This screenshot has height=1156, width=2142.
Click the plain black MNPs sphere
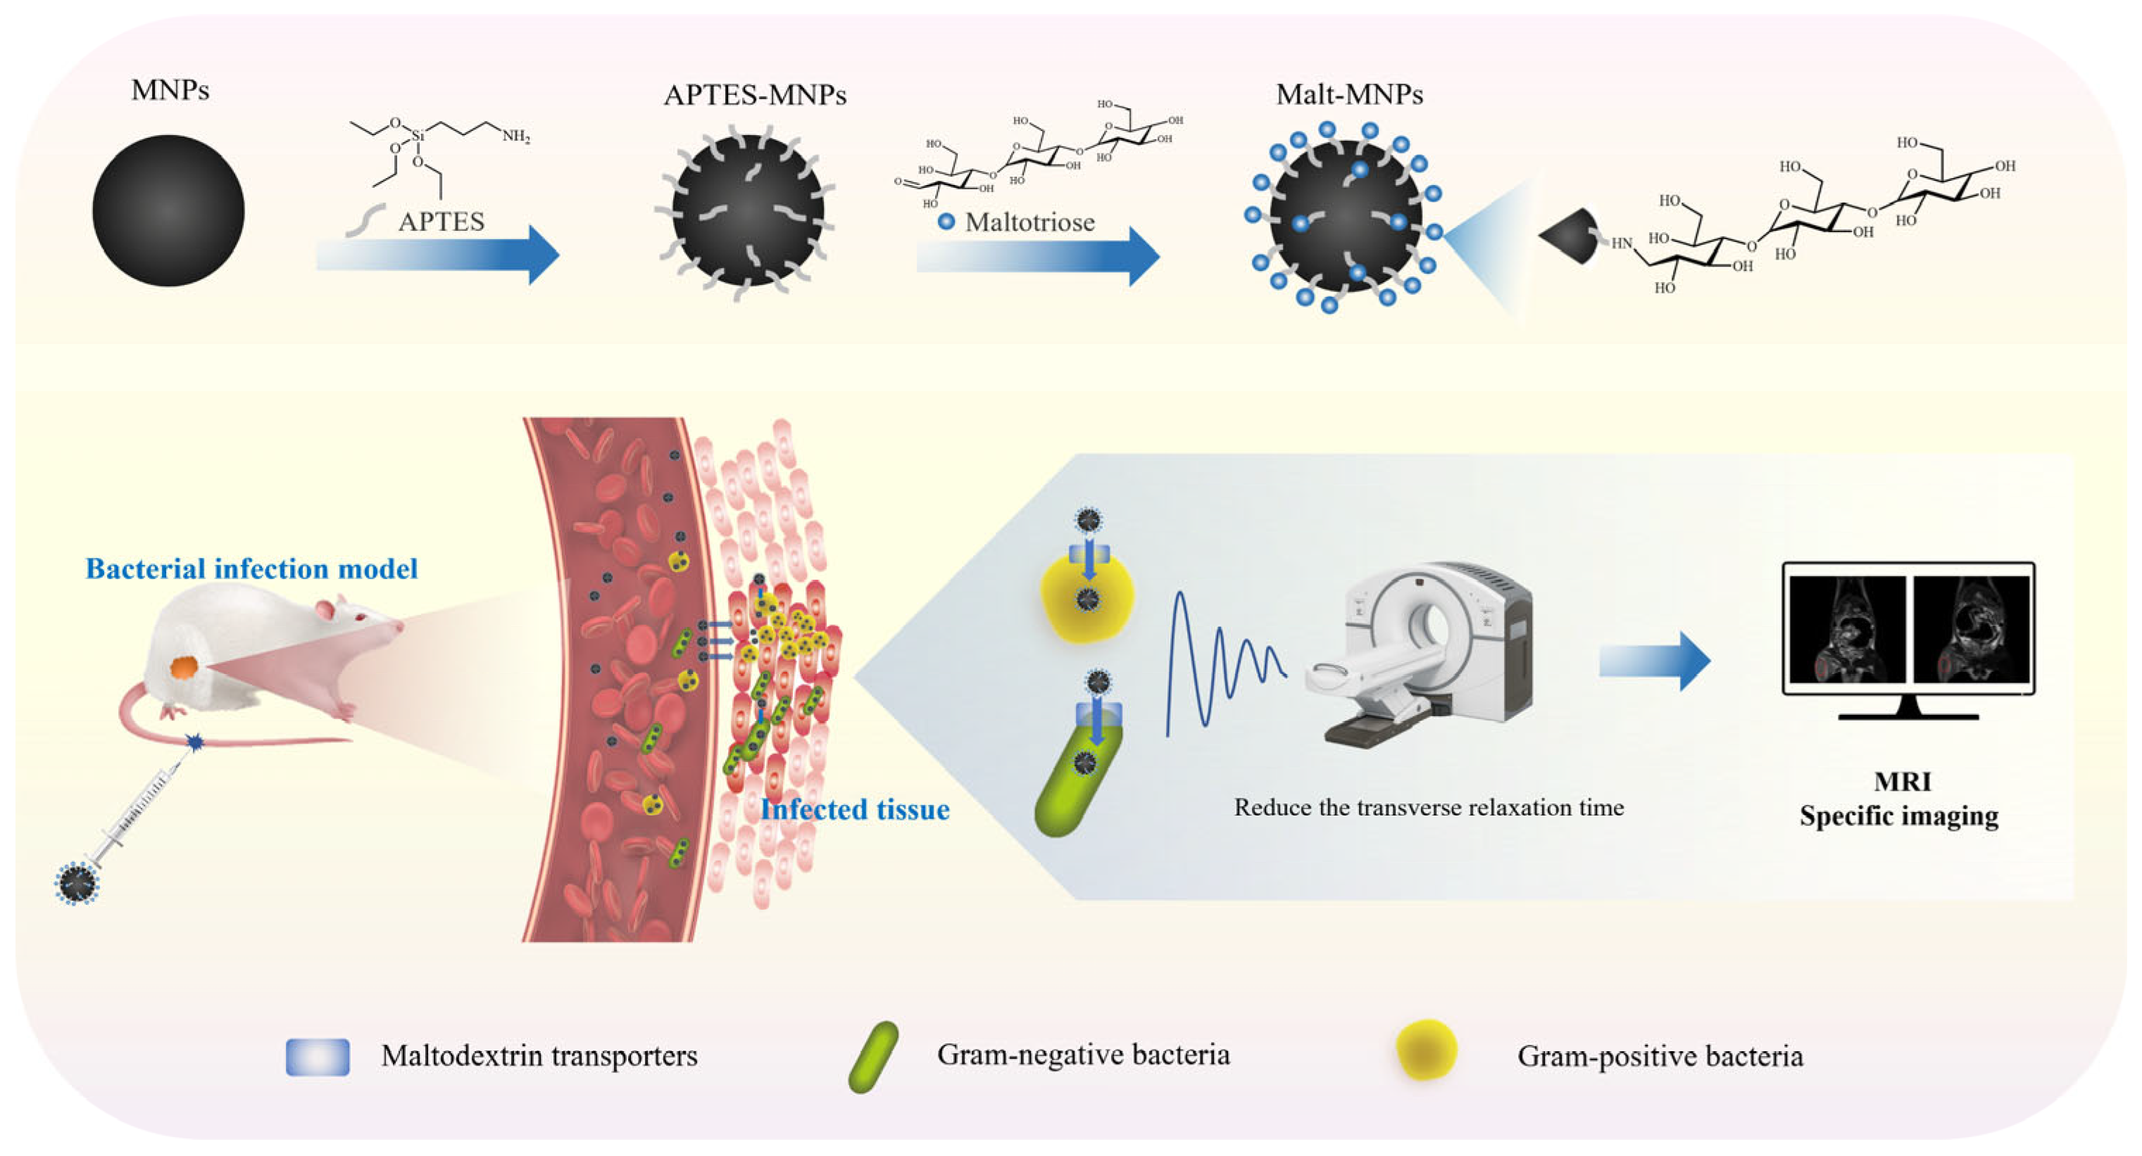(168, 210)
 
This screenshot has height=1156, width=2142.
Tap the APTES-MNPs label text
(754, 96)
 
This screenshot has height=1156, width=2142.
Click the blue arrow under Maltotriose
(1038, 256)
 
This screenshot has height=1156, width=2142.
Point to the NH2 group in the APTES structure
(515, 136)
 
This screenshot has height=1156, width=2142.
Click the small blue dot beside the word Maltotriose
(946, 222)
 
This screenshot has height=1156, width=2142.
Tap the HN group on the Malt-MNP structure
(1622, 243)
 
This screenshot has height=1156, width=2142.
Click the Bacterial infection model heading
(251, 569)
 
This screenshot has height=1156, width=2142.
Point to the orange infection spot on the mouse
(184, 666)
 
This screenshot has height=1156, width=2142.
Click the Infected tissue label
(854, 809)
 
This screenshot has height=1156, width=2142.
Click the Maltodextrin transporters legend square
(318, 1057)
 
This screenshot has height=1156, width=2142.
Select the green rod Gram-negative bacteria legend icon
(873, 1056)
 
